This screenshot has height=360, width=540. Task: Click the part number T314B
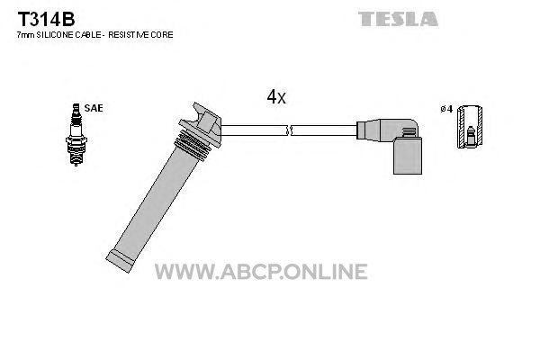46,19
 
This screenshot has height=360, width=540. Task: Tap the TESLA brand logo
398,19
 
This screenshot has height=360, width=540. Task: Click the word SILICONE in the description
54,35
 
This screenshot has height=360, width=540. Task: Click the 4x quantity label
276,97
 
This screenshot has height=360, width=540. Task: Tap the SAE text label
94,108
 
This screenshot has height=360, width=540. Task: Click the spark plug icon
76,135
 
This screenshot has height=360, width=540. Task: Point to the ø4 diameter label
446,109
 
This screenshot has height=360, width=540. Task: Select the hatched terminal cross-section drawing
470,127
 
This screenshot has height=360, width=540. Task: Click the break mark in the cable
289,130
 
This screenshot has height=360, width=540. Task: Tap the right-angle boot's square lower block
408,156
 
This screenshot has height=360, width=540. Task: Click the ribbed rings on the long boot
193,145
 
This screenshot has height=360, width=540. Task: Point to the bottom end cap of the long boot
120,261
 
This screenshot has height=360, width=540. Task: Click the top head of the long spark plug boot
201,123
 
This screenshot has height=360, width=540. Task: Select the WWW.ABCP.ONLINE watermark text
261,272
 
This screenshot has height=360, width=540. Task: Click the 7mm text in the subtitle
25,35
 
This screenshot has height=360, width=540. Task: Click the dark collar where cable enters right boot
361,130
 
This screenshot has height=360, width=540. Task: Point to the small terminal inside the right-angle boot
409,132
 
